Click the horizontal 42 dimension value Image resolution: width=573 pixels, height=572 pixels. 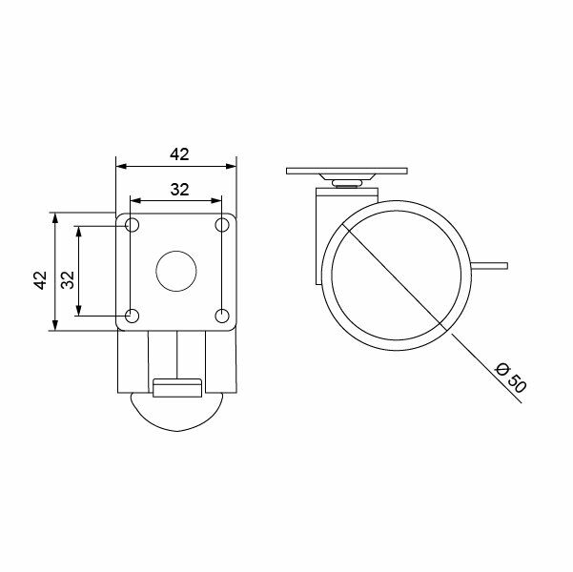[x=178, y=153]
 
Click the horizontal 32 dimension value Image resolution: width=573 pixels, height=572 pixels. [x=178, y=189]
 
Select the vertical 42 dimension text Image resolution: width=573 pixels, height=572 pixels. [x=40, y=279]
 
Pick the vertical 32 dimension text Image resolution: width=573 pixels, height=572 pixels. [x=67, y=279]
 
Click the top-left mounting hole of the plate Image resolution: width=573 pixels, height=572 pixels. [x=132, y=226]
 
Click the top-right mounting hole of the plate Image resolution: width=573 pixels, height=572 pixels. [x=221, y=226]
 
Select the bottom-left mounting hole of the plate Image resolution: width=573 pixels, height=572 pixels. [x=132, y=316]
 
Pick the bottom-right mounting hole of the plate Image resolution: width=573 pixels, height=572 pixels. [x=221, y=316]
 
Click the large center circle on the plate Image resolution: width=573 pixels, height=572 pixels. [x=176, y=271]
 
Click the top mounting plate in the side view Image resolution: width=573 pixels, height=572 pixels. [x=344, y=172]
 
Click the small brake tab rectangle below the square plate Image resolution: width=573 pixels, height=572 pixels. [x=176, y=387]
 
